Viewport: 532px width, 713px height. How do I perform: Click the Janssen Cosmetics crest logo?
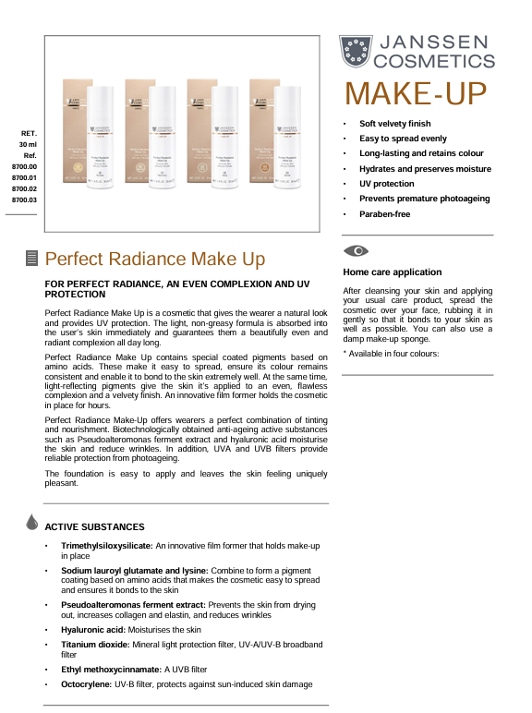(356, 52)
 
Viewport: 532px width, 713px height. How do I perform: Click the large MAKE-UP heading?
(416, 94)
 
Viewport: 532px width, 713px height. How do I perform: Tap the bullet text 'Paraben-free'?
(384, 214)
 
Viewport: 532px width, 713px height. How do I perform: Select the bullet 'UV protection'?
(386, 184)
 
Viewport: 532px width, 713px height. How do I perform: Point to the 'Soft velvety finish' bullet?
(394, 124)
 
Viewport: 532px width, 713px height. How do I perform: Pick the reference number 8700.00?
(24, 166)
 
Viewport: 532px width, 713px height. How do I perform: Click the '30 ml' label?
(28, 145)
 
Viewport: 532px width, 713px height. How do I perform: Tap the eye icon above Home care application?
(356, 251)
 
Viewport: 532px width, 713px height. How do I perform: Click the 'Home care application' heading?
(392, 272)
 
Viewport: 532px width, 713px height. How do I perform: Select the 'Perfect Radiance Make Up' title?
(155, 259)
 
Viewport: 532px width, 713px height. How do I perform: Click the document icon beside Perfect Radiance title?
(31, 259)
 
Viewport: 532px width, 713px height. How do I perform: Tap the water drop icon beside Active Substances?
(33, 523)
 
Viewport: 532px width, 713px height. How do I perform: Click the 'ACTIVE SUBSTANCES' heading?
(94, 526)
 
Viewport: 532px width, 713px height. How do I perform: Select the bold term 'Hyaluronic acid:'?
(92, 629)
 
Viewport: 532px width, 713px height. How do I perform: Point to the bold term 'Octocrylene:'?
(87, 684)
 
